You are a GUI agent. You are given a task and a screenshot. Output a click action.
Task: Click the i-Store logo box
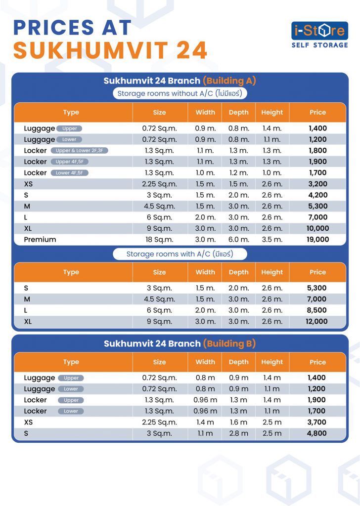[x=319, y=31]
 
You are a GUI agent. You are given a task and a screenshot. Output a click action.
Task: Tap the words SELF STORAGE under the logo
[x=319, y=45]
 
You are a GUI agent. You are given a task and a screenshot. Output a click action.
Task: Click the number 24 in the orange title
[x=192, y=50]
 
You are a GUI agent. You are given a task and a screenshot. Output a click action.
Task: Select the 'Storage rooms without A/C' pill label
[x=180, y=93]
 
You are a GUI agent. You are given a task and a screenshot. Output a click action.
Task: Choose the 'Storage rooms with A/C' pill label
[x=180, y=254]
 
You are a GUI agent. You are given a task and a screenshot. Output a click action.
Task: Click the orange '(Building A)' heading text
[x=229, y=81]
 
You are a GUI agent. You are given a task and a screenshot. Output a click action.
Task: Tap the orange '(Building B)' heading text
[x=229, y=343]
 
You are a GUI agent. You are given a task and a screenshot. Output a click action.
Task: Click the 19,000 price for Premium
[x=317, y=240]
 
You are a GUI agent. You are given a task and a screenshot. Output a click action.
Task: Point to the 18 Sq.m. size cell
[x=160, y=240]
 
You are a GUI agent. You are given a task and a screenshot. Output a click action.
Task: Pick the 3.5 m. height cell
[x=272, y=240]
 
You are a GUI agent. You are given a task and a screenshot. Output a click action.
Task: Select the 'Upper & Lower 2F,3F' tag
[x=80, y=151]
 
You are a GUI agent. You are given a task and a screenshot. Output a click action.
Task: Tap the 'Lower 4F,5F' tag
[x=69, y=173]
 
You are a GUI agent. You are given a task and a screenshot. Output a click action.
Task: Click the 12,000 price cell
[x=316, y=321]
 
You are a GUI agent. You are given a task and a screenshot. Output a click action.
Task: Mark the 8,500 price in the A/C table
[x=317, y=310]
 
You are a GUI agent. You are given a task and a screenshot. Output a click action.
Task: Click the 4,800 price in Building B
[x=317, y=433]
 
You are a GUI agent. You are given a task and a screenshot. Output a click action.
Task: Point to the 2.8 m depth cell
[x=239, y=433]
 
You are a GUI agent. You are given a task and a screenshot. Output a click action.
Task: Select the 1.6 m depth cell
[x=239, y=422]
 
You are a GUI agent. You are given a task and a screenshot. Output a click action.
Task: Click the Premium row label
[x=40, y=240]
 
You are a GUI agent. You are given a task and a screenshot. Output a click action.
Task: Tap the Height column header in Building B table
[x=272, y=362]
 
